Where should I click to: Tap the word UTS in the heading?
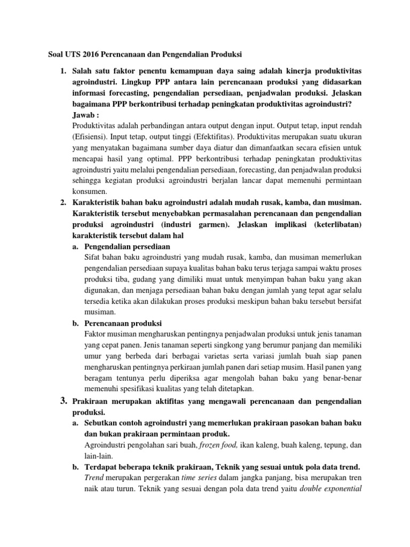(69, 54)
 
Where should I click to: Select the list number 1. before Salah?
(63, 71)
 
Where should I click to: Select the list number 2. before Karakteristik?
(63, 203)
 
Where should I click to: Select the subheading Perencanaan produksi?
(123, 324)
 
